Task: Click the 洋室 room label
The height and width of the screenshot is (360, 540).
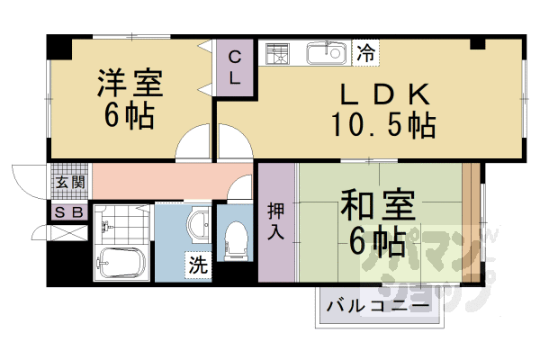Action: pyautogui.click(x=130, y=83)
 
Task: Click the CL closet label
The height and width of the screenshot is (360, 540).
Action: pyautogui.click(x=234, y=67)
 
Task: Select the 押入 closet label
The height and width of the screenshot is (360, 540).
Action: pyautogui.click(x=276, y=221)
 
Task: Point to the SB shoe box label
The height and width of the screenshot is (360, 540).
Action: pyautogui.click(x=67, y=212)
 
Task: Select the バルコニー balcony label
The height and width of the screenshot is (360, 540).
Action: pyautogui.click(x=377, y=306)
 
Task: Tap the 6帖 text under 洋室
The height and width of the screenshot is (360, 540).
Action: pyautogui.click(x=130, y=115)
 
